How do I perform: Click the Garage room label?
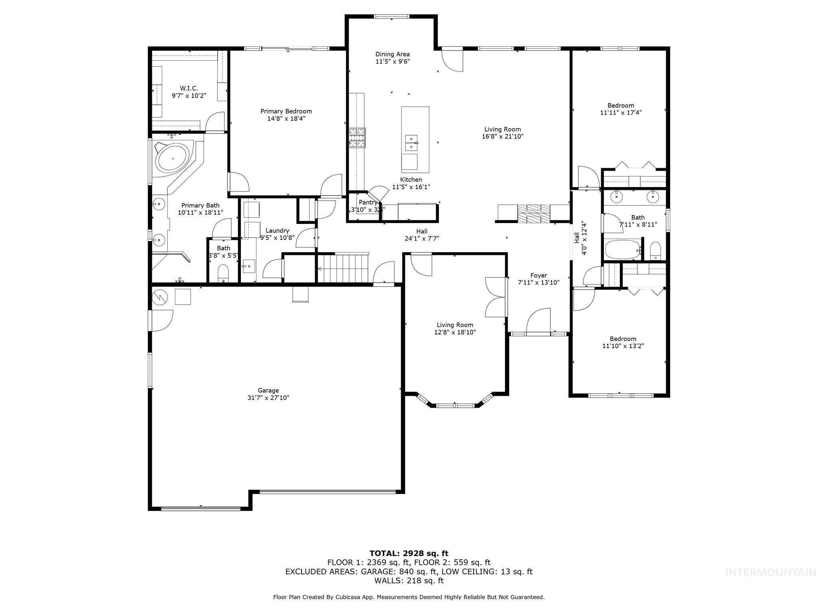click(268, 391)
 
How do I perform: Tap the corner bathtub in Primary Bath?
click(173, 159)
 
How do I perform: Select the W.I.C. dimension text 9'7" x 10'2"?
click(189, 96)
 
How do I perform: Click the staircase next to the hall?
click(343, 269)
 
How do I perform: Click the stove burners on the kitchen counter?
click(357, 138)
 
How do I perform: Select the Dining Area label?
click(392, 54)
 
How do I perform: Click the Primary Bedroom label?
click(286, 112)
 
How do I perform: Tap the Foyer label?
click(538, 275)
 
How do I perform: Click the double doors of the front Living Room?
click(495, 297)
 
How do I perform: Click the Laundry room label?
click(277, 231)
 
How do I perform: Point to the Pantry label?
click(367, 202)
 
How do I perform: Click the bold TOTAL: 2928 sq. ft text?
click(409, 554)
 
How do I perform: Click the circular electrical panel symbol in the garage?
click(160, 296)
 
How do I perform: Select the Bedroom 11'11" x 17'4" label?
click(621, 106)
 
